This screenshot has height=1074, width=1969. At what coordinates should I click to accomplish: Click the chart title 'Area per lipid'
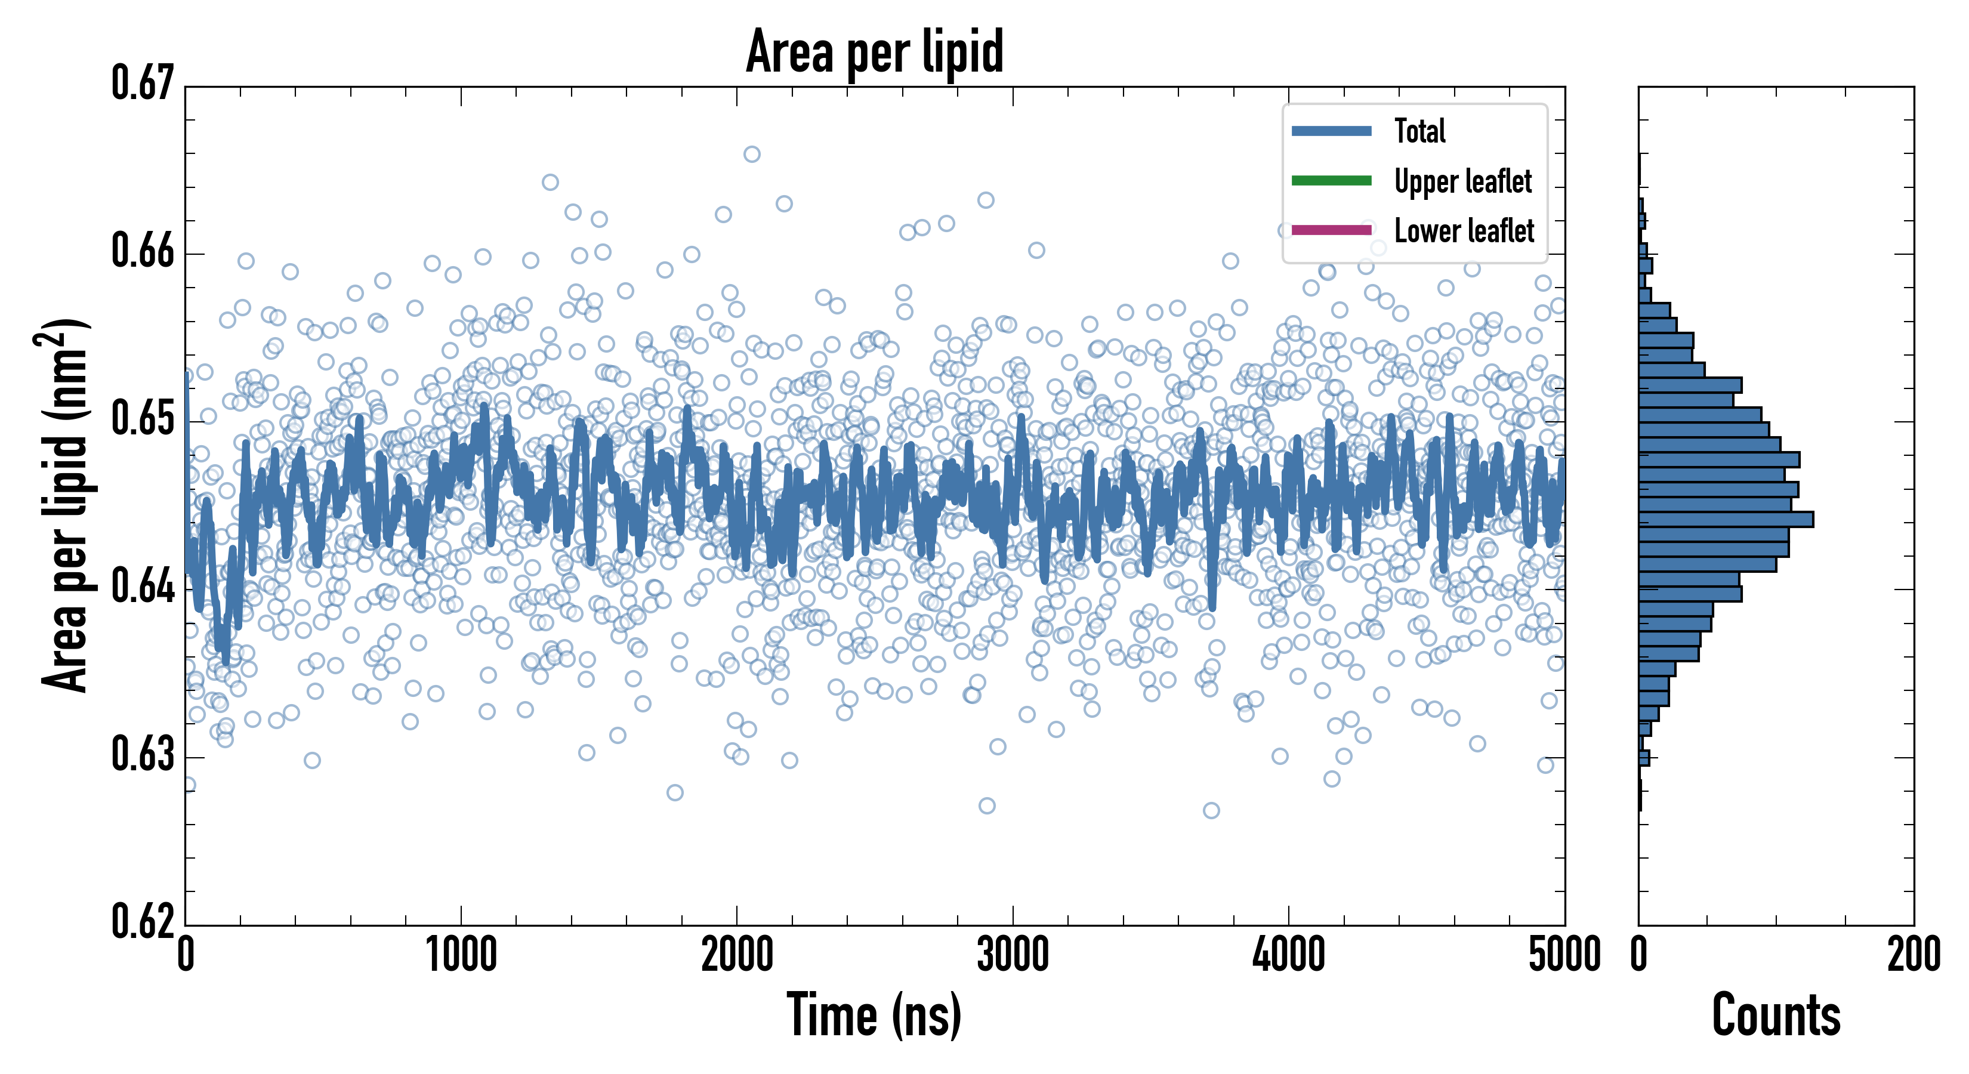(875, 51)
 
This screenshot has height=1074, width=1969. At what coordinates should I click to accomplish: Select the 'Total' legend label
(1419, 131)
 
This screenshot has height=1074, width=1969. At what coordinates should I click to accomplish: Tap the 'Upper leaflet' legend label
(1462, 181)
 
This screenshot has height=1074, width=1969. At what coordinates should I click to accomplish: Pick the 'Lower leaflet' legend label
(1464, 230)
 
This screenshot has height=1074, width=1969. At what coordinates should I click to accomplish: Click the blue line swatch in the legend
(1331, 131)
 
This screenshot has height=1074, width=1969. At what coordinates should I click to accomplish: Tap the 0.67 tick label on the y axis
(143, 84)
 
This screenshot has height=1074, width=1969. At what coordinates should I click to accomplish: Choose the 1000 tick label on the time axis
(461, 955)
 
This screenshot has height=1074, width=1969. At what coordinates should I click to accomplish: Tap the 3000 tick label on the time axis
(1013, 955)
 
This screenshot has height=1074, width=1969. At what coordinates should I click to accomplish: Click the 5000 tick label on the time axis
(1564, 955)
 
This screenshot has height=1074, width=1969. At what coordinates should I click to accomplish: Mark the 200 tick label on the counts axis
(1913, 955)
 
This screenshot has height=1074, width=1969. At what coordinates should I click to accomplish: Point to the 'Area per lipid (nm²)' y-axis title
(66, 505)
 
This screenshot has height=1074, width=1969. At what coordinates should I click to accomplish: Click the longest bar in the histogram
(1725, 520)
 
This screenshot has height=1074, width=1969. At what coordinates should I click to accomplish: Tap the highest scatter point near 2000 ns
(751, 155)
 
